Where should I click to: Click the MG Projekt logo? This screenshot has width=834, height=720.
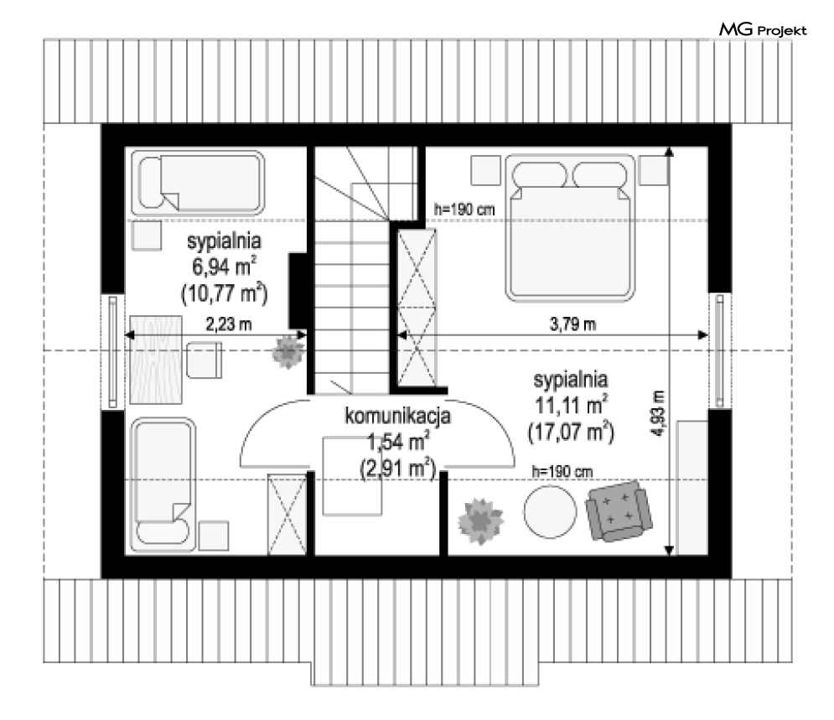(763, 30)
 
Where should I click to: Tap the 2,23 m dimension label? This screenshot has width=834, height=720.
(229, 324)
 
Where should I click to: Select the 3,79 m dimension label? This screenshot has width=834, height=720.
(572, 324)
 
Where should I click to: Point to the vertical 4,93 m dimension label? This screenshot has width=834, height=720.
(659, 414)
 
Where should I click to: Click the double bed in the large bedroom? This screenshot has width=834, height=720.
(570, 228)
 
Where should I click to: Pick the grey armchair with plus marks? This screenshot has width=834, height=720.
(619, 511)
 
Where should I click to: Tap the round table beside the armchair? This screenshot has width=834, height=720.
(550, 511)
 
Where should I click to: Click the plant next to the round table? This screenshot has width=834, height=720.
(481, 521)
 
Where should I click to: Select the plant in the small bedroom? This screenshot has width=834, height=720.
(287, 352)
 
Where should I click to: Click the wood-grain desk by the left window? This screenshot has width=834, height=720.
(156, 360)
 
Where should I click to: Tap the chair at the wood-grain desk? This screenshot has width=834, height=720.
(204, 360)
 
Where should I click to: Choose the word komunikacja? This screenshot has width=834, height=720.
(397, 416)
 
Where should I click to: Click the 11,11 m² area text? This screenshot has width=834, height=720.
(572, 406)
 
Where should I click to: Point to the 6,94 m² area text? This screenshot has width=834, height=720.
(224, 267)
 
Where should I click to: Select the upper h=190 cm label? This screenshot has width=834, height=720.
(464, 210)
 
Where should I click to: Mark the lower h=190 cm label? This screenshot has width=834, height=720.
(562, 471)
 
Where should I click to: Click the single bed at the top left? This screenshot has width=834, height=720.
(198, 183)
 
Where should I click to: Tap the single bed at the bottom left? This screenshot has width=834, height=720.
(163, 484)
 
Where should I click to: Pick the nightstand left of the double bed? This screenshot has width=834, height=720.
(485, 170)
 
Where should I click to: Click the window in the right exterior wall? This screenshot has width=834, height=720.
(720, 350)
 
